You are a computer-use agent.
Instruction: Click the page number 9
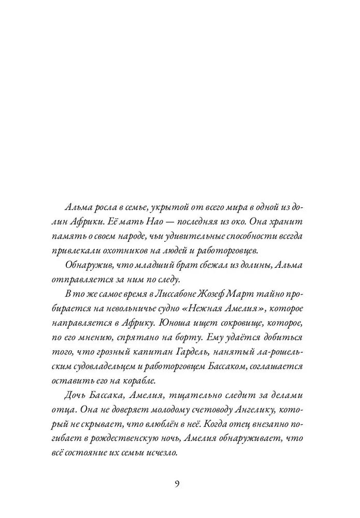pyautogui.click(x=177, y=484)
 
